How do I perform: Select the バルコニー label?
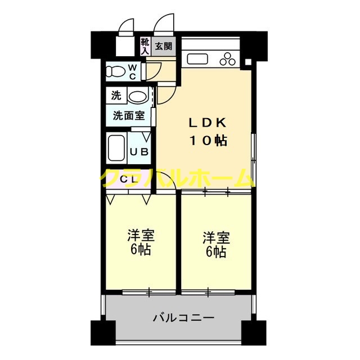pyautogui.click(x=183, y=318)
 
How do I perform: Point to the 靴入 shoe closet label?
pyautogui.click(x=145, y=46)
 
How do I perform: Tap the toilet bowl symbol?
pyautogui.click(x=117, y=71)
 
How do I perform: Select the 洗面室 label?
pyautogui.click(x=129, y=116)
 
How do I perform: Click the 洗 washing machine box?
pyautogui.click(x=116, y=96)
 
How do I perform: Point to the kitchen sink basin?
pyautogui.click(x=199, y=58)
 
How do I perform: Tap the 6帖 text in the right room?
pyautogui.click(x=217, y=253)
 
